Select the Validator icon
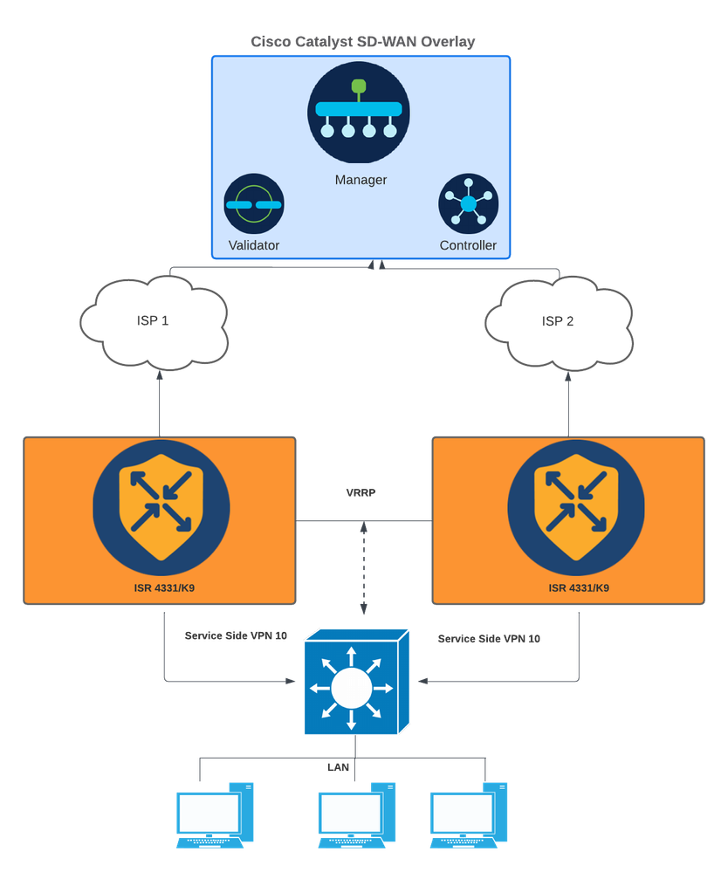tap(254, 204)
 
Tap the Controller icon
tap(468, 204)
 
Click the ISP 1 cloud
tap(154, 321)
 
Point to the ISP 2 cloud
tap(558, 321)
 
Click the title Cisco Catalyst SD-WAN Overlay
tap(362, 42)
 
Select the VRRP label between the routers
tap(361, 494)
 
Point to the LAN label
tap(340, 767)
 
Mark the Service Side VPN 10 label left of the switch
tap(236, 636)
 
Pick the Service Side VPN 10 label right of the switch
tap(489, 639)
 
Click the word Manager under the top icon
tap(361, 181)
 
